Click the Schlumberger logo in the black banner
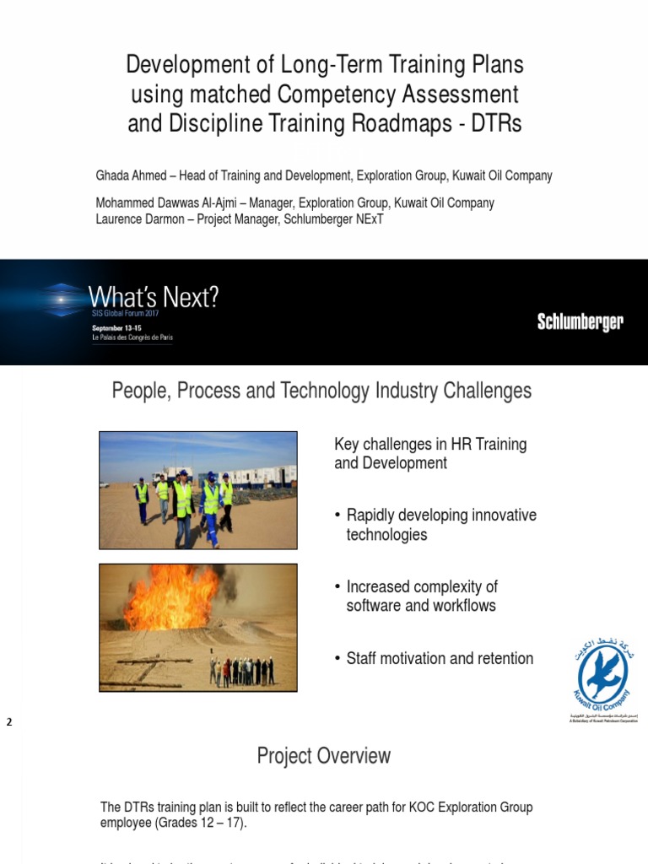[580, 322]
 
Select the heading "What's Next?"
[154, 297]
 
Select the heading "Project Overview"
[323, 756]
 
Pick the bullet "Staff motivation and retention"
[440, 658]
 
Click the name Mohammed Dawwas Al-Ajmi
[172, 203]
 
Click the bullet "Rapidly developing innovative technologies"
[441, 525]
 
